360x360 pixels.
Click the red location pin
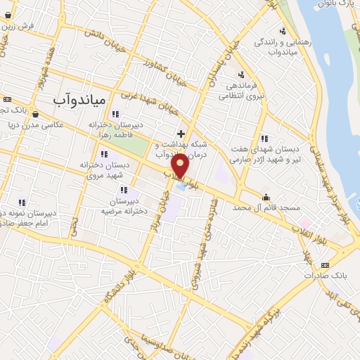(181, 165)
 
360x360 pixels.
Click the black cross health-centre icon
(181, 134)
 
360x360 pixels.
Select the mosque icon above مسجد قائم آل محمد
(266, 198)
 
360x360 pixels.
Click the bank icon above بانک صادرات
(324, 264)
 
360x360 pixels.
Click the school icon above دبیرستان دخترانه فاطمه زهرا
(115, 114)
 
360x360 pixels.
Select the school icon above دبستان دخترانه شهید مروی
(104, 154)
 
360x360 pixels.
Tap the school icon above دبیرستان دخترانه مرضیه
(124, 190)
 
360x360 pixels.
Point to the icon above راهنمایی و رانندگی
(282, 31)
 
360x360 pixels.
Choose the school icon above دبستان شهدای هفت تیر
(264, 139)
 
